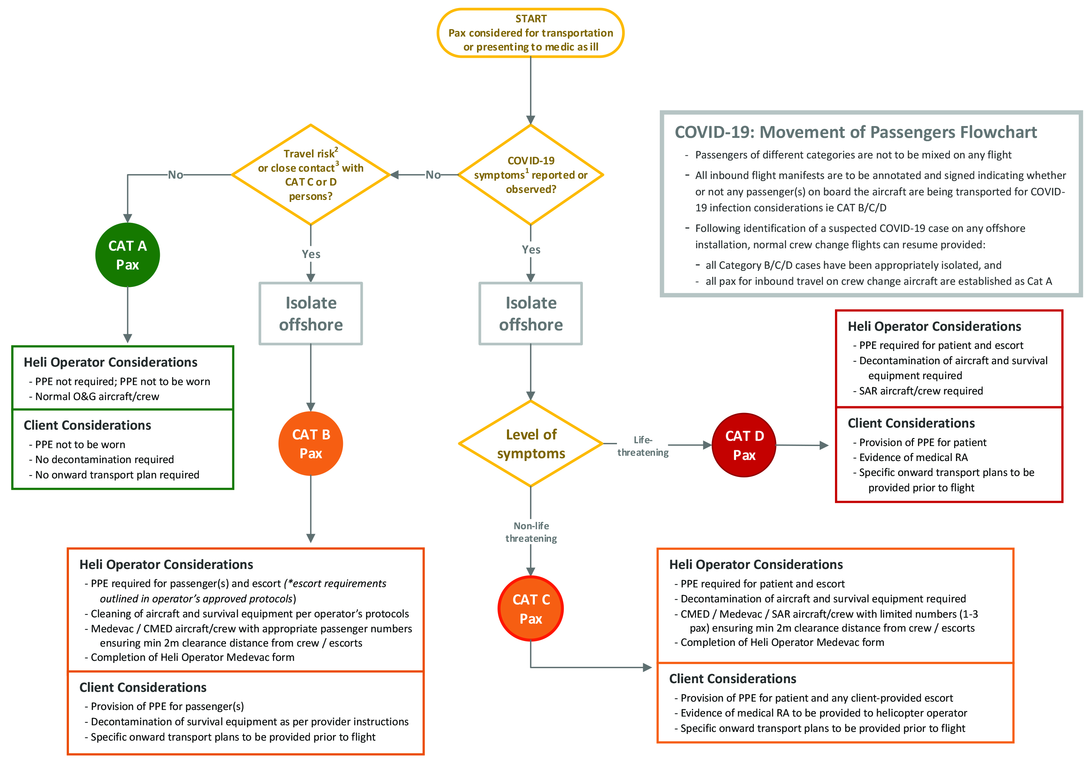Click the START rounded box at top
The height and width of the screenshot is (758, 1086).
(530, 33)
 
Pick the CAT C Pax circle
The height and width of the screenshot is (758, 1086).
(530, 609)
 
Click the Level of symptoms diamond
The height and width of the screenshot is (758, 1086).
(530, 444)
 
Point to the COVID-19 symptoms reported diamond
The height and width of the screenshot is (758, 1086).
(530, 174)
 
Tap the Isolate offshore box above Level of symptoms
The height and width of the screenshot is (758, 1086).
(530, 313)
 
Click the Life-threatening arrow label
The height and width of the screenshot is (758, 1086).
(642, 446)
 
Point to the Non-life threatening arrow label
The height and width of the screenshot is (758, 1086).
(531, 532)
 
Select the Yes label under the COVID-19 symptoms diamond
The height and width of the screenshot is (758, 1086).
(531, 250)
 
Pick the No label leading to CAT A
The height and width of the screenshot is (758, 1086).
(175, 175)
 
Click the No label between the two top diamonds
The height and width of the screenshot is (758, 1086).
(433, 175)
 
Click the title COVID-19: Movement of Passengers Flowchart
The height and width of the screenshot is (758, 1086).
(855, 132)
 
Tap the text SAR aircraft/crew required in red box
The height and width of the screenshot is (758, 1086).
(921, 391)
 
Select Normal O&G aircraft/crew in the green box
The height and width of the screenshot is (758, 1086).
(97, 396)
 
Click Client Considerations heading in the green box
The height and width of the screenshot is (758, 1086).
(87, 425)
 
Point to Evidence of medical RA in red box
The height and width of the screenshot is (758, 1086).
(913, 457)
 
